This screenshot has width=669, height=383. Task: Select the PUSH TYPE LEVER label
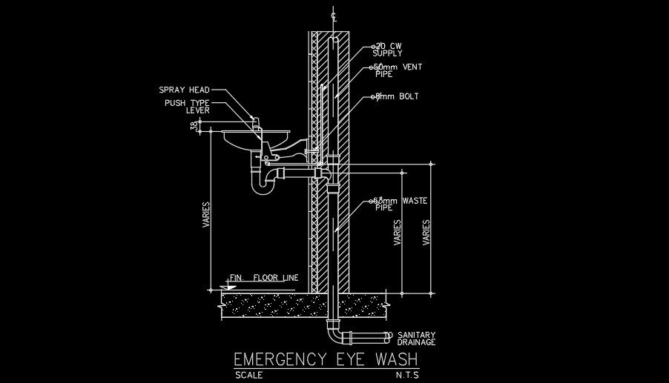click(188, 107)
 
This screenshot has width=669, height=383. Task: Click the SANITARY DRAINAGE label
click(416, 339)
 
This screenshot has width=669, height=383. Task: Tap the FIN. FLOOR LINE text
click(264, 278)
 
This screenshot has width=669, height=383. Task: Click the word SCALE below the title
click(248, 375)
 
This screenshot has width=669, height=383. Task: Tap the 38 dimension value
click(195, 127)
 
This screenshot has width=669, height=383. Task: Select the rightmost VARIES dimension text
click(426, 233)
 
